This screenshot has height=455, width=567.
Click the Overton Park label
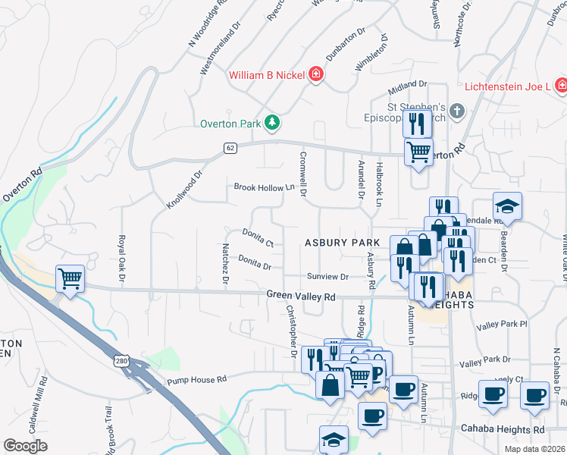(230, 124)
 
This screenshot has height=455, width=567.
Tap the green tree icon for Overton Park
(271, 123)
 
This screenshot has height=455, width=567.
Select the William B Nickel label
(267, 75)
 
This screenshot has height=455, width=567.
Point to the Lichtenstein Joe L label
(506, 86)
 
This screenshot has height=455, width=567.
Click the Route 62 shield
(230, 147)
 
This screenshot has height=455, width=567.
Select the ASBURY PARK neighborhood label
(342, 243)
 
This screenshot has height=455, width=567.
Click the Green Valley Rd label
(300, 297)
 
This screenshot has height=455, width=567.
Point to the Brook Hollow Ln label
(263, 187)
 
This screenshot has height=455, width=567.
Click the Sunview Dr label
(327, 277)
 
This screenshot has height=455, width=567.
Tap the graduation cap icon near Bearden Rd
(507, 206)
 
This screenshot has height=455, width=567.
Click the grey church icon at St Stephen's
(456, 111)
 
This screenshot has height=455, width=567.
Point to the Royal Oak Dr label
(121, 254)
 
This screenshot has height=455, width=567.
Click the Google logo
(26, 446)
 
